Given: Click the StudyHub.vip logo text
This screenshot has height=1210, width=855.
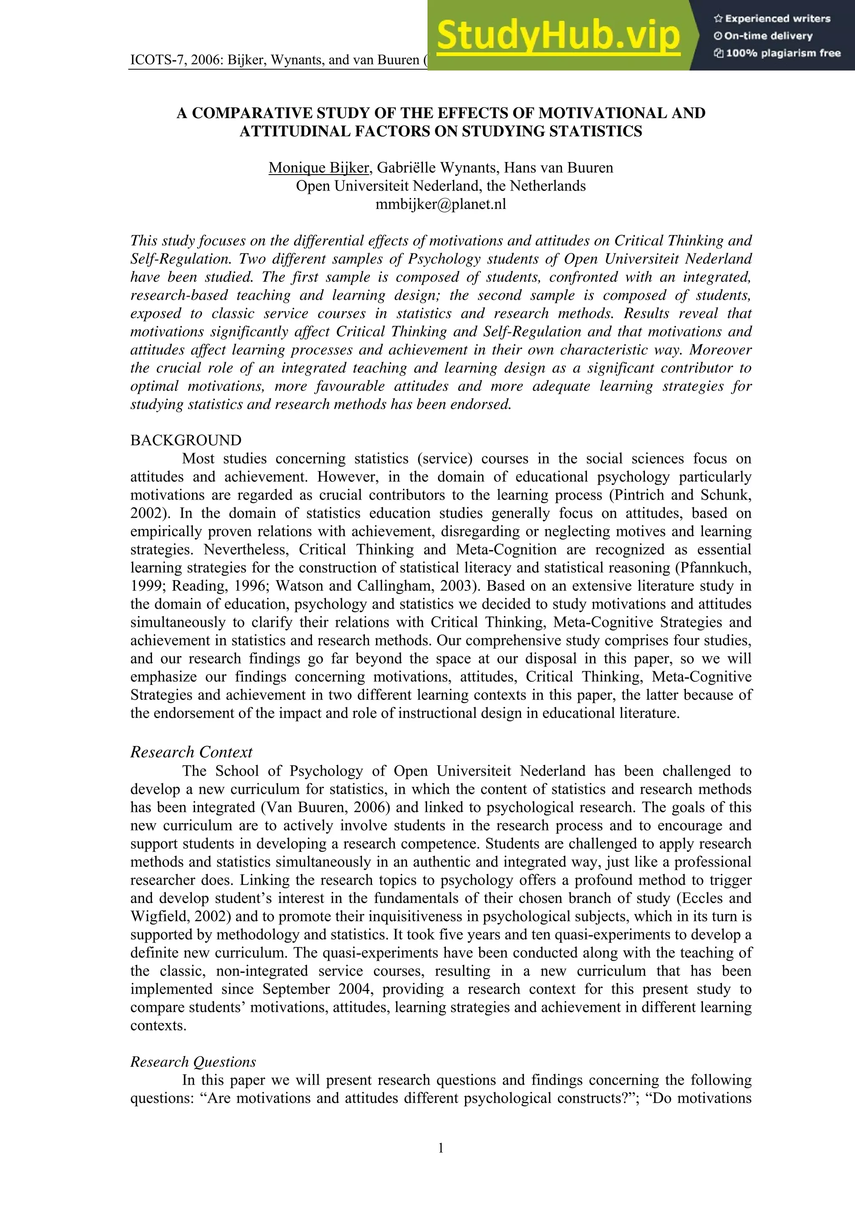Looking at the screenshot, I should pyautogui.click(x=559, y=36).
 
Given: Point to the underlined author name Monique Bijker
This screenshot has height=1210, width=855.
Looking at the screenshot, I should pyautogui.click(x=318, y=167).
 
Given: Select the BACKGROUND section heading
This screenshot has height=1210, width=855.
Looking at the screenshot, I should pyautogui.click(x=186, y=440).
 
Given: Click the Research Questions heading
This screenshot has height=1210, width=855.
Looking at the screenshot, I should pyautogui.click(x=193, y=1061).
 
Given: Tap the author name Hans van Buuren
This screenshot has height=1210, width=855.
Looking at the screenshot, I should pyautogui.click(x=559, y=167).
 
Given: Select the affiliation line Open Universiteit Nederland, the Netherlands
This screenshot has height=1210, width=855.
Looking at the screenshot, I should pyautogui.click(x=440, y=186).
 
